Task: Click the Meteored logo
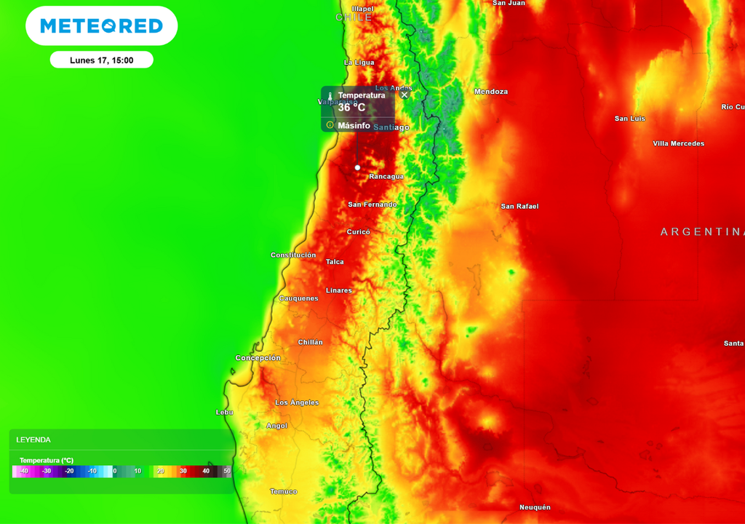101,26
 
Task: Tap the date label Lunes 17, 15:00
101,60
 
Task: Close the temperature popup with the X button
405,95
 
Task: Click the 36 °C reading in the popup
351,108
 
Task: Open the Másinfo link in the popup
354,125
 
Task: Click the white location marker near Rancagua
357,167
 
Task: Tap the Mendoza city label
491,92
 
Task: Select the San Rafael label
519,207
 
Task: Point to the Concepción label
258,358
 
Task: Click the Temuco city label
284,492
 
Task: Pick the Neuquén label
535,507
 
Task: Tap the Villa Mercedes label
678,143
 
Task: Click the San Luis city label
630,119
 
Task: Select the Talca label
335,262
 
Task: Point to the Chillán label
310,342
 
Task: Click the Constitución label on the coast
293,255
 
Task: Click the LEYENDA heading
33,440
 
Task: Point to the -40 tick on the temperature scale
23,472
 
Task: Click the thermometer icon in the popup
330,96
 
